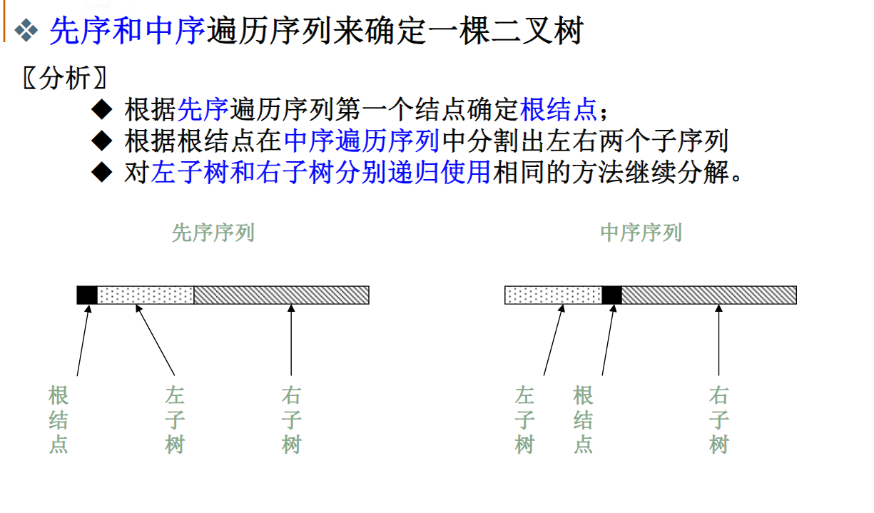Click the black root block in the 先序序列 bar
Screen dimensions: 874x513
click(x=87, y=295)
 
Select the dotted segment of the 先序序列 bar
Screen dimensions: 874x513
click(x=146, y=295)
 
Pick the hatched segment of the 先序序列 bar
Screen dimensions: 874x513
click(x=281, y=295)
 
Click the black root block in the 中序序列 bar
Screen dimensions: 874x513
click(x=612, y=295)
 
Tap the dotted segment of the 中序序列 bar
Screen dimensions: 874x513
click(x=554, y=295)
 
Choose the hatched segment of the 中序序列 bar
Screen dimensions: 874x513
click(x=708, y=295)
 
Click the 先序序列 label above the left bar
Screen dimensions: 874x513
click(x=213, y=233)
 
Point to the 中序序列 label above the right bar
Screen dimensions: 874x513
click(x=641, y=233)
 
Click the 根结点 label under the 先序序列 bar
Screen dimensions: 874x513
click(x=59, y=420)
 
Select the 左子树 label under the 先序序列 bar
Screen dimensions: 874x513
click(x=175, y=420)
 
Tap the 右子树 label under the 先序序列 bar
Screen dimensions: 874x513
click(x=291, y=420)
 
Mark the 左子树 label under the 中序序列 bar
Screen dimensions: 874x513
click(x=524, y=420)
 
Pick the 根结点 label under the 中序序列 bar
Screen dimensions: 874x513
click(x=583, y=420)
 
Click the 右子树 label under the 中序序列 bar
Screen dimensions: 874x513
click(x=718, y=420)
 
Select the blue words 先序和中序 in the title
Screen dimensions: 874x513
click(x=128, y=31)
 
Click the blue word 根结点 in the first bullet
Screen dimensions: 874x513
click(x=559, y=110)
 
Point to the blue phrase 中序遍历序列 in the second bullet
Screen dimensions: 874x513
click(x=361, y=141)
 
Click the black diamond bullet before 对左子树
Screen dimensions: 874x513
click(x=103, y=171)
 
